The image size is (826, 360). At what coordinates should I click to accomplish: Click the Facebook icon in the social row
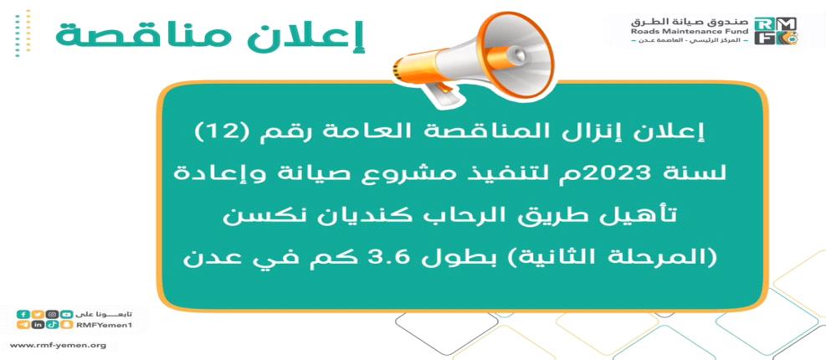[x=23, y=314]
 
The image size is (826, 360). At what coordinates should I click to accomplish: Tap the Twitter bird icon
[x=37, y=314]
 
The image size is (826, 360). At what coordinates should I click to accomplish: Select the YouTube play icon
[x=66, y=314]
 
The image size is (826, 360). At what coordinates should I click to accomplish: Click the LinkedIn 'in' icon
[x=37, y=325]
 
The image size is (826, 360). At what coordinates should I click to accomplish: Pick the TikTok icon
[x=52, y=325]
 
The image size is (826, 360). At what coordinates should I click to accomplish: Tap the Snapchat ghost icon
[x=66, y=325]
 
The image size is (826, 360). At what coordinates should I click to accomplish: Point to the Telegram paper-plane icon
[x=23, y=325]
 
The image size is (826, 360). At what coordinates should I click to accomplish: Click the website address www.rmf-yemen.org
[x=58, y=346]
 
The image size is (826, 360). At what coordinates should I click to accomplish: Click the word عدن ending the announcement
[x=201, y=258]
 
